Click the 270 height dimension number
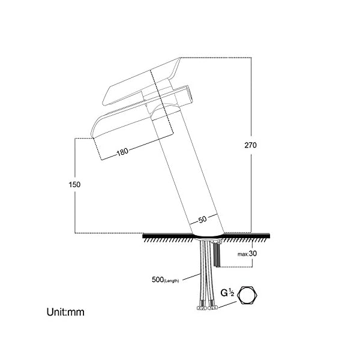[x=250, y=145]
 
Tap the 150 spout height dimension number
[x=74, y=185]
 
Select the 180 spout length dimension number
[x=122, y=152]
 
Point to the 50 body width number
[x=202, y=220]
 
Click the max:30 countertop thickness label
[x=247, y=254]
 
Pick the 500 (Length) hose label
[x=166, y=280]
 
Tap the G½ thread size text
[x=227, y=293]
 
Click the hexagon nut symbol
[x=247, y=295]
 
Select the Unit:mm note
[x=65, y=312]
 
